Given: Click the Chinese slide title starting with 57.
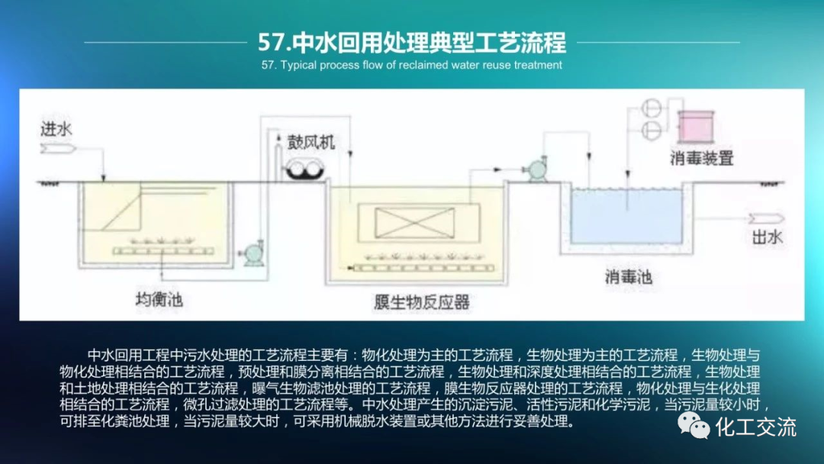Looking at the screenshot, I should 412,41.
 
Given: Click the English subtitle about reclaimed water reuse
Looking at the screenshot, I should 412,65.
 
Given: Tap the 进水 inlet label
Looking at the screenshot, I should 56,130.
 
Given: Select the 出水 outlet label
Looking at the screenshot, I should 767,237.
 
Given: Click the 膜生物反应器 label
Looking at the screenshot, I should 422,302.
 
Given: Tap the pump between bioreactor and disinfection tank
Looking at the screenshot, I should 533,169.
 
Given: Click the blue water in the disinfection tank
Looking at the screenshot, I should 626,217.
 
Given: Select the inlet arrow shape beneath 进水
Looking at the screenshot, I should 57,150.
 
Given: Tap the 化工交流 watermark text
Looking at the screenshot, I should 755,426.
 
